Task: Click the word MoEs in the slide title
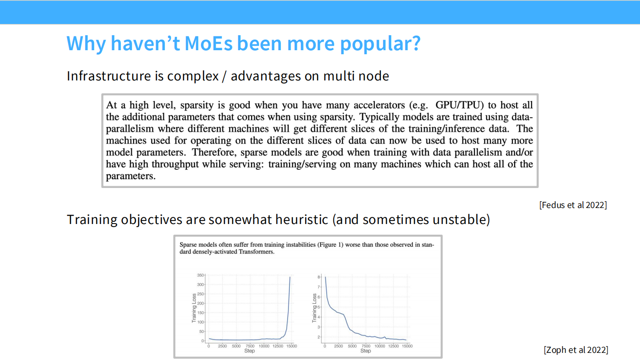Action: click(208, 44)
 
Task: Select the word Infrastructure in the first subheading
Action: click(109, 76)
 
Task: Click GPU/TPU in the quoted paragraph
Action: click(460, 105)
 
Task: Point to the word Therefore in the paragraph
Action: click(214, 152)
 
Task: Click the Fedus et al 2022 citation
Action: click(573, 205)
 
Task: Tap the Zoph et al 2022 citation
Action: click(576, 350)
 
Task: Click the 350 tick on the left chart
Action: click(200, 275)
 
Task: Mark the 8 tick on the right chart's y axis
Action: click(319, 277)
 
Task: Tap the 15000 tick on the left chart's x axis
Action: click(292, 346)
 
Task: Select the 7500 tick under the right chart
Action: click(366, 346)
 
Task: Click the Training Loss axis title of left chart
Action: click(194, 308)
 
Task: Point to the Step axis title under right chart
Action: click(365, 351)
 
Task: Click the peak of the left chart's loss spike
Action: click(290, 277)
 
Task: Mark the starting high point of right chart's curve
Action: click(325, 277)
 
